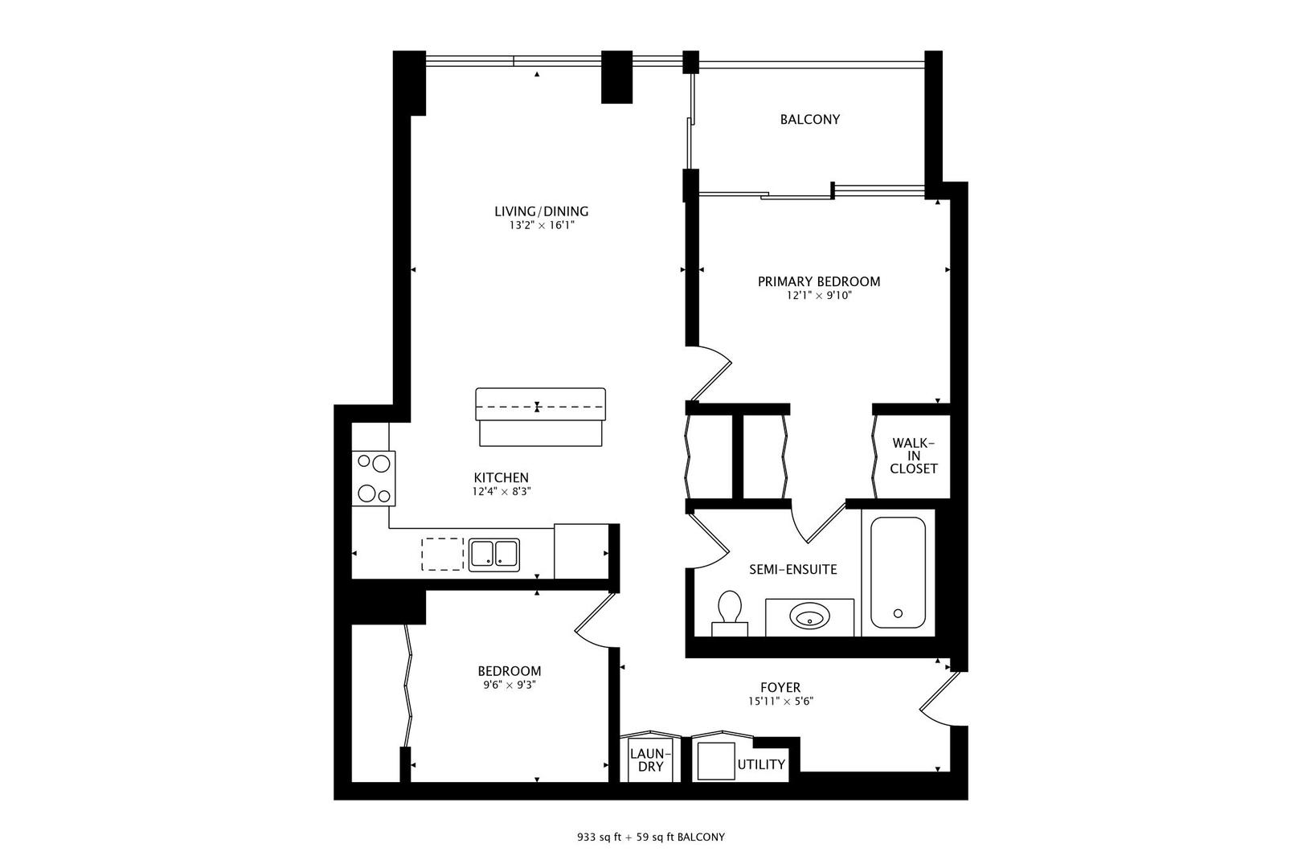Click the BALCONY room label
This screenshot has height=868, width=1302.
click(809, 119)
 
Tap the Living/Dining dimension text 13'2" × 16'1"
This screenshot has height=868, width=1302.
click(541, 226)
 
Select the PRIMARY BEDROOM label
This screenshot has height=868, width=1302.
click(818, 281)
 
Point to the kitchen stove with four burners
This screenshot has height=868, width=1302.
click(374, 478)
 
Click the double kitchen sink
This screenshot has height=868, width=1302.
click(494, 554)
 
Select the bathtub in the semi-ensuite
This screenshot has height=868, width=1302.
click(898, 572)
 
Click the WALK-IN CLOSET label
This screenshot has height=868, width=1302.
click(913, 456)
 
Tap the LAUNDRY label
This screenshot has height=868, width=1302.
click(650, 759)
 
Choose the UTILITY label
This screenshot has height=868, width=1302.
click(760, 764)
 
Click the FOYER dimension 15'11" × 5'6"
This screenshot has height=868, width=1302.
click(780, 701)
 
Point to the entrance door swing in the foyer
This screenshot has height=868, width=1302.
click(938, 698)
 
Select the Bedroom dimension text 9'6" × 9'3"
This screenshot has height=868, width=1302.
click(509, 685)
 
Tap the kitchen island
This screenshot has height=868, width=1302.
click(540, 416)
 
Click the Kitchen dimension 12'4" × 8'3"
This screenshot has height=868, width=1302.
click(501, 491)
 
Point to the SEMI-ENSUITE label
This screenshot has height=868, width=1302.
click(792, 569)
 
